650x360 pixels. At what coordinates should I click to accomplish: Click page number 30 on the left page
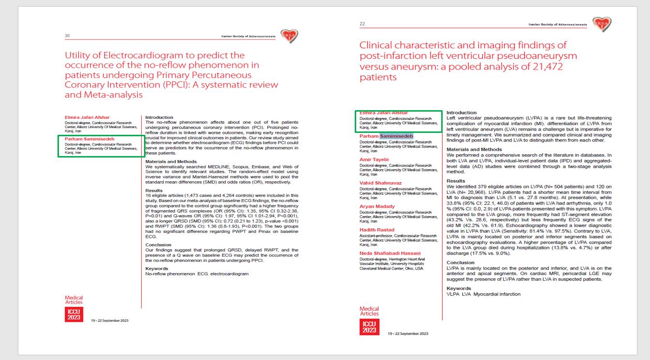click(67, 36)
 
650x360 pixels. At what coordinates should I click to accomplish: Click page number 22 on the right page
click(362, 24)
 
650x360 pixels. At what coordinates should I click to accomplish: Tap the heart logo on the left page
click(289, 36)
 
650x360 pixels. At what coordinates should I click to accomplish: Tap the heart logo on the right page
click(603, 24)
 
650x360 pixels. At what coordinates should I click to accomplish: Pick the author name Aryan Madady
click(377, 206)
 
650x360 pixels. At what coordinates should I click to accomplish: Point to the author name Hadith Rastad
click(377, 230)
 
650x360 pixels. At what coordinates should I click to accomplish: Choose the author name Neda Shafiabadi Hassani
click(390, 253)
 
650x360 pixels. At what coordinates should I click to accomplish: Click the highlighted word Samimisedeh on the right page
click(396, 136)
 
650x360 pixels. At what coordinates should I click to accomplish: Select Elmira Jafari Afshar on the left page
click(87, 117)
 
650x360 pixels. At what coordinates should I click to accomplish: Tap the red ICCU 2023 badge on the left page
click(73, 315)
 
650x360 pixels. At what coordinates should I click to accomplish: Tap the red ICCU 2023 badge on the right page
click(369, 327)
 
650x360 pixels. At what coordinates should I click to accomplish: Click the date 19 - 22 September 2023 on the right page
click(408, 333)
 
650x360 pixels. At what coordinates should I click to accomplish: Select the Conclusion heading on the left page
click(159, 245)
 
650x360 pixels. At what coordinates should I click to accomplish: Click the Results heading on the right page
click(456, 181)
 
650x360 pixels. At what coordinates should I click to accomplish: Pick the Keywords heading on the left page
click(157, 268)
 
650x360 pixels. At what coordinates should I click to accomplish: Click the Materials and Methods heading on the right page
click(474, 149)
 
